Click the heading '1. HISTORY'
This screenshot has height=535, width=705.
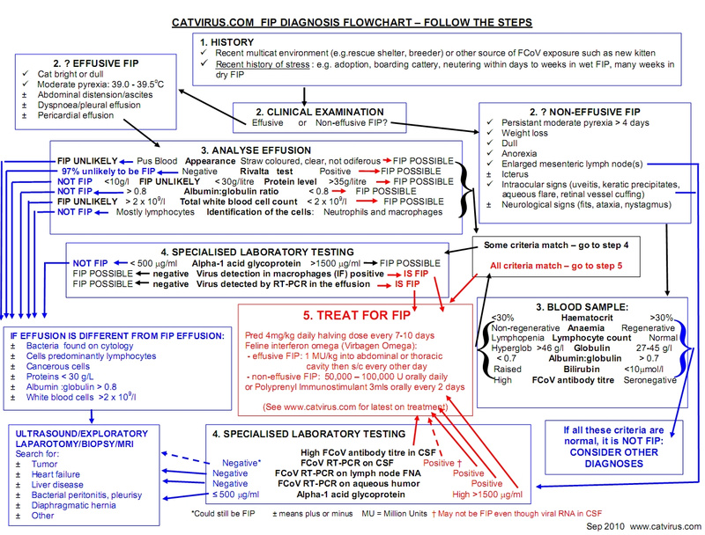pos(227,42)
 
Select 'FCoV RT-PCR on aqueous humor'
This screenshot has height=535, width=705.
pos(338,483)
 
